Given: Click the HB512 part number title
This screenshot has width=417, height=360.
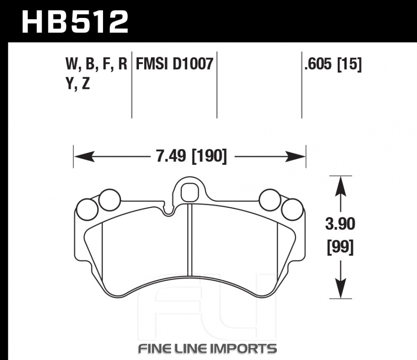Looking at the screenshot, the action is [75, 22].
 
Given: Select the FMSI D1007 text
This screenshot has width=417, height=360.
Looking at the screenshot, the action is [174, 64].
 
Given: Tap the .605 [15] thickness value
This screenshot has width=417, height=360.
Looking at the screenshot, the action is [333, 64].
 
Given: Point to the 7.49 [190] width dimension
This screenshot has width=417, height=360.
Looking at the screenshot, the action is [191, 156].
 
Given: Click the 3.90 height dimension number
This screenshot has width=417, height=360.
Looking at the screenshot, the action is [340, 224].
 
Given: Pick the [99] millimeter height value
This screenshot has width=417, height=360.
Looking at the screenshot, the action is [340, 247].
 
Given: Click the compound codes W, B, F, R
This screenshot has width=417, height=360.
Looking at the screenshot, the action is [96, 65].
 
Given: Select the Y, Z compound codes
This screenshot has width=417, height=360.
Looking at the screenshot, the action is [78, 84].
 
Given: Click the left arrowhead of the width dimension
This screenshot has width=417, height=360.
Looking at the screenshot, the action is [84, 156].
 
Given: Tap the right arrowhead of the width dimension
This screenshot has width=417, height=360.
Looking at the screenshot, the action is [295, 156].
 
